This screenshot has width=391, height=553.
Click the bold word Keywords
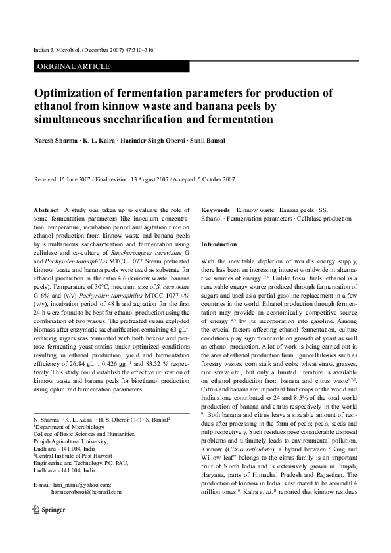(x=216, y=209)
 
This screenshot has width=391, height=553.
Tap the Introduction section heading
(x=219, y=244)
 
